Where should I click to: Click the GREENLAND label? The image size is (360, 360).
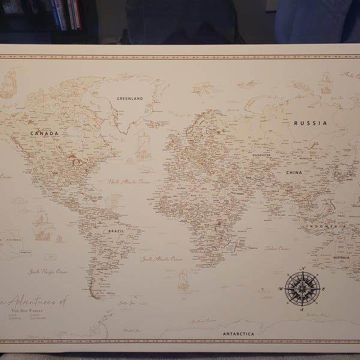(130, 98)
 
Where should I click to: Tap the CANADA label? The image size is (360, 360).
(44, 133)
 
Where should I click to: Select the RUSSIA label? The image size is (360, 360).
(310, 123)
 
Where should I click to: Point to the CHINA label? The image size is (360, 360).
(293, 172)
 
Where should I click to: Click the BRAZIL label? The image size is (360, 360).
(116, 230)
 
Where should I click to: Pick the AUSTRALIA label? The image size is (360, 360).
(341, 258)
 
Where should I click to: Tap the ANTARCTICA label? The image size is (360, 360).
(238, 334)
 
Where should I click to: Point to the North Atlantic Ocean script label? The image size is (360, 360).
(129, 181)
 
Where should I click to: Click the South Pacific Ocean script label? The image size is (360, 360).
(48, 272)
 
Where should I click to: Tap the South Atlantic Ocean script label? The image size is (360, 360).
(162, 259)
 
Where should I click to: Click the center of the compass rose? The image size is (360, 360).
(302, 289)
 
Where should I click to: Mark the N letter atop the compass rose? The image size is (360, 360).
(303, 268)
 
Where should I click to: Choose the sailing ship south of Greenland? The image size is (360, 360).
(143, 147)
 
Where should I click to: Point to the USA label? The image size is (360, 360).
(55, 173)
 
